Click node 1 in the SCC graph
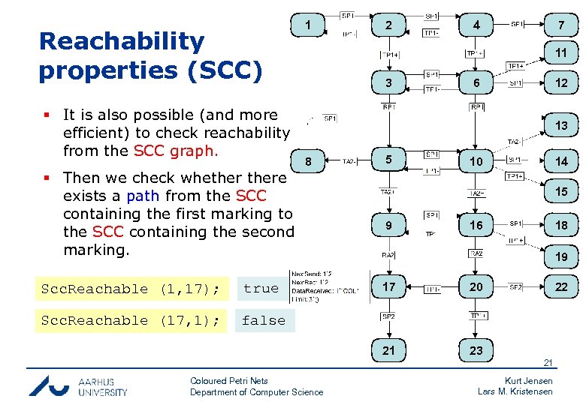[308, 26]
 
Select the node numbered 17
[388, 287]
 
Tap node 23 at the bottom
[476, 350]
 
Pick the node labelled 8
[307, 161]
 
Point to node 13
[561, 125]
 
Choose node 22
[561, 287]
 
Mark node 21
[388, 350]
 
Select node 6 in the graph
[476, 82]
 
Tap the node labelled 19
[561, 256]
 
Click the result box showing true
[261, 289]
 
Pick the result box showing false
[263, 320]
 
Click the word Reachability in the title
[121, 42]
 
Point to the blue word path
[143, 196]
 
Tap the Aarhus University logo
[78, 385]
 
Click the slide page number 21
[548, 364]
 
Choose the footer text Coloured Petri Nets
[229, 381]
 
